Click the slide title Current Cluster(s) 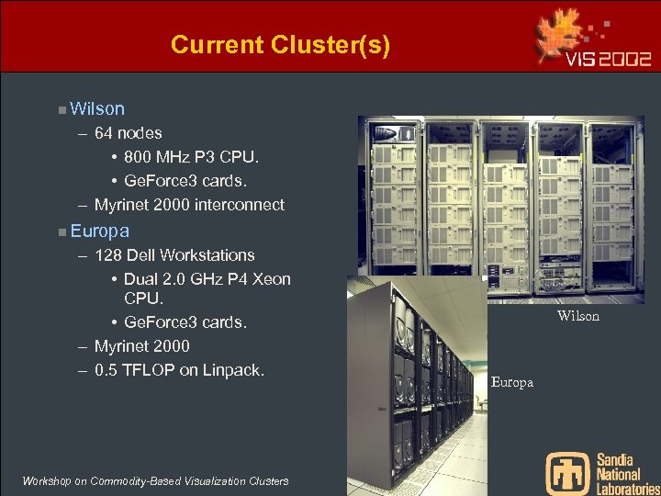click(280, 44)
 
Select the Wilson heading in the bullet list click(96, 109)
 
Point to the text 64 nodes click(128, 133)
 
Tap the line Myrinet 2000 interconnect click(189, 205)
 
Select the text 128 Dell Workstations click(174, 254)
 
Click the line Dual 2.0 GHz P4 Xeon click(207, 278)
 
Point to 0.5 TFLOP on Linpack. click(179, 370)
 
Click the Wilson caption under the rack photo click(578, 316)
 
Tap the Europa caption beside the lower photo click(511, 382)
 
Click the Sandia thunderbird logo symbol click(567, 472)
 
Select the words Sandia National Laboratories click(627, 473)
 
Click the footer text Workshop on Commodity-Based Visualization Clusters click(154, 481)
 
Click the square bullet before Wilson click(61, 110)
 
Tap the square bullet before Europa click(61, 231)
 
